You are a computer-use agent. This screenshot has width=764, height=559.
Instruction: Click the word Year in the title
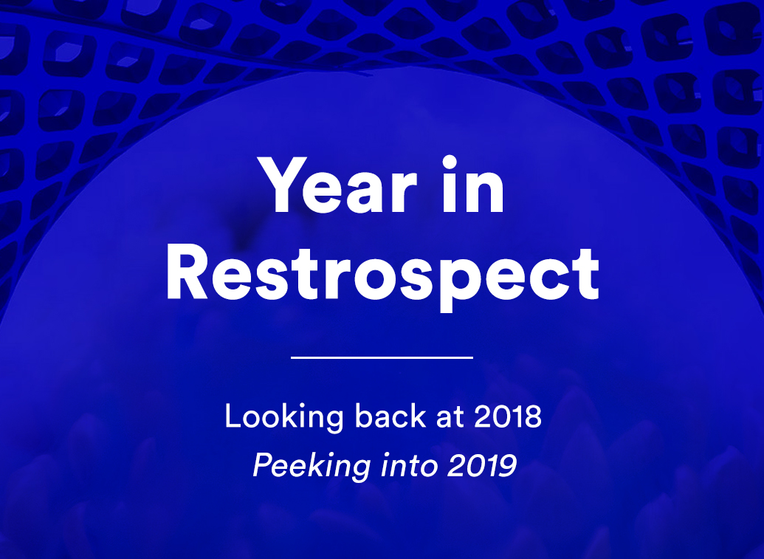coord(337,185)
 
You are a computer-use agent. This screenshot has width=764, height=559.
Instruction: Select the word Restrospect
coord(382,276)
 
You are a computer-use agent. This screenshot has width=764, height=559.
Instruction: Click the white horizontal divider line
coord(382,357)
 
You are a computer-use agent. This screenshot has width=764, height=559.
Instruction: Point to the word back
coord(390,416)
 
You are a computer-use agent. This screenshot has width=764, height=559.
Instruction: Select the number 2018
coord(508,416)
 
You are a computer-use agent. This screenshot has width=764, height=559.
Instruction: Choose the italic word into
coord(409,465)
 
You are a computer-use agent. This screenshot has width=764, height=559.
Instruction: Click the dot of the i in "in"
coord(450,162)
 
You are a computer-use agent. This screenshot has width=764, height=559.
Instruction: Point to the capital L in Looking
coord(233,416)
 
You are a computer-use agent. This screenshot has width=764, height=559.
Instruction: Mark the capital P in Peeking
coord(263,465)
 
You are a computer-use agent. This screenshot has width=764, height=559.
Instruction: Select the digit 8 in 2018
coord(533,416)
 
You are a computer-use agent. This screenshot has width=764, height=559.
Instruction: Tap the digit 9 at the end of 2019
coord(508,465)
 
